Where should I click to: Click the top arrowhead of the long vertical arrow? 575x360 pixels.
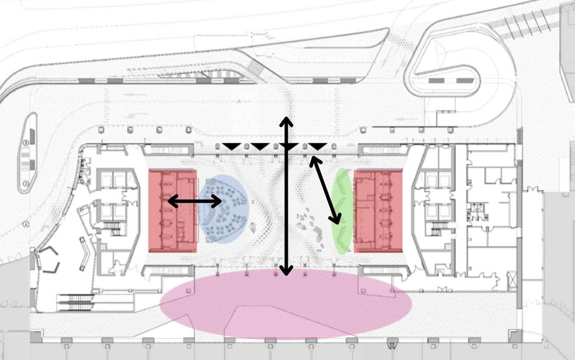tap(286, 122)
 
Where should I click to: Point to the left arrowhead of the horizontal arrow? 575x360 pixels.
tap(171, 202)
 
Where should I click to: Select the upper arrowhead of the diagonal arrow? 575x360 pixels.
tap(313, 161)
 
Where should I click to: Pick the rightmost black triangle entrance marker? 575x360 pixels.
tap(318, 147)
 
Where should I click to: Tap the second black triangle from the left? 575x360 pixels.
tap(260, 147)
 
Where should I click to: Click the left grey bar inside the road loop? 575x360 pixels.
tap(437, 81)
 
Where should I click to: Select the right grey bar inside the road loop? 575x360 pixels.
tap(465, 81)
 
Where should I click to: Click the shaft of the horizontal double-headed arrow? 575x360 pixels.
tap(195, 202)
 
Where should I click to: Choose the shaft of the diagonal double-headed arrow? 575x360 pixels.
tap(326, 191)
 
